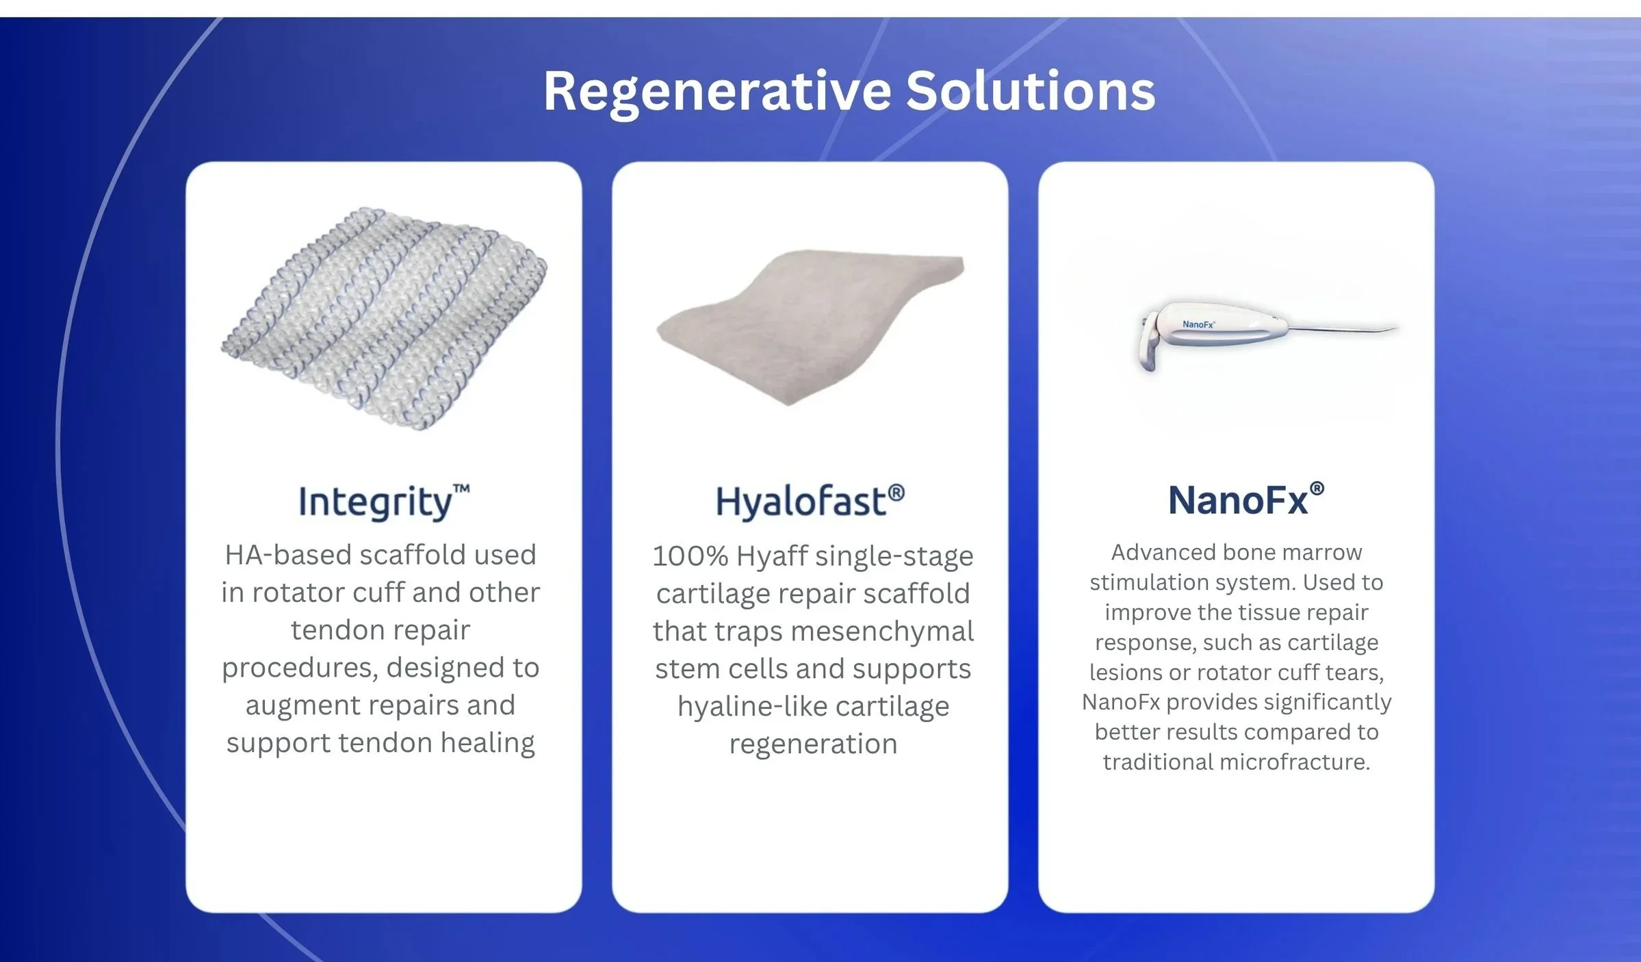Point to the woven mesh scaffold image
[384, 319]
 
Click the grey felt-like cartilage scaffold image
[810, 327]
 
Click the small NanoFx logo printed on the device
[1198, 324]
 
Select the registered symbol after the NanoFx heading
[1317, 489]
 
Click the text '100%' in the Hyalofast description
[690, 556]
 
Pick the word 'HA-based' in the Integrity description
[288, 555]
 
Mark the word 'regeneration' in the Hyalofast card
[813, 744]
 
